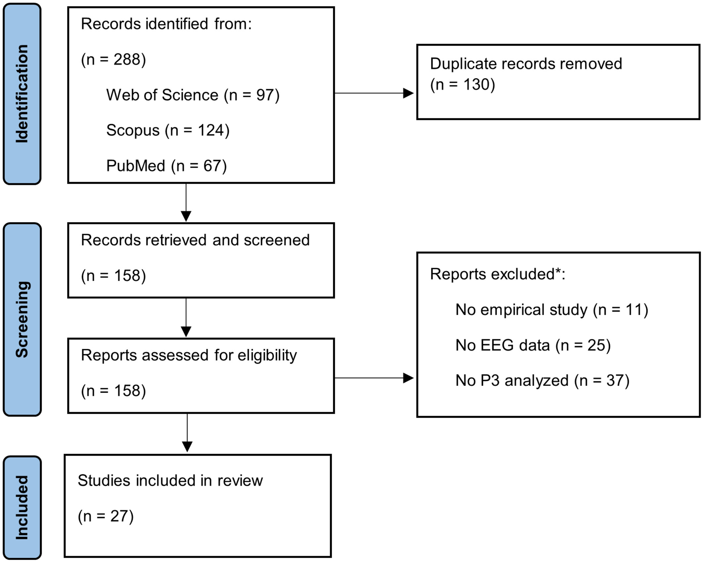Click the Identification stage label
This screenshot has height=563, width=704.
pyautogui.click(x=22, y=94)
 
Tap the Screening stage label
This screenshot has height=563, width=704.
pyautogui.click(x=22, y=319)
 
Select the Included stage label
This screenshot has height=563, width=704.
pyautogui.click(x=22, y=508)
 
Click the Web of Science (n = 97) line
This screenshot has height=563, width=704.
pyautogui.click(x=193, y=95)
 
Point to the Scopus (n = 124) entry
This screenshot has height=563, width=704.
pyautogui.click(x=168, y=130)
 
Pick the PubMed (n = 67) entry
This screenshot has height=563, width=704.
pyautogui.click(x=166, y=166)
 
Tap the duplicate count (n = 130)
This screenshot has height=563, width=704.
pyautogui.click(x=462, y=85)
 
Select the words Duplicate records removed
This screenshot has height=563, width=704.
pyautogui.click(x=526, y=64)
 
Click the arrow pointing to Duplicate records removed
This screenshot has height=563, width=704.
pyautogui.click(x=374, y=93)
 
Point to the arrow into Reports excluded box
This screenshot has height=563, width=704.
pyautogui.click(x=374, y=378)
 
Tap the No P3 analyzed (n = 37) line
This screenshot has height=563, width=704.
pyautogui.click(x=543, y=381)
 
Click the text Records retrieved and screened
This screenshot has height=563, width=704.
pyautogui.click(x=195, y=240)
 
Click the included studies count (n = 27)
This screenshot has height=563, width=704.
pyautogui.click(x=106, y=516)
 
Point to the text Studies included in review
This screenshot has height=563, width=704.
pyautogui.click(x=170, y=481)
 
